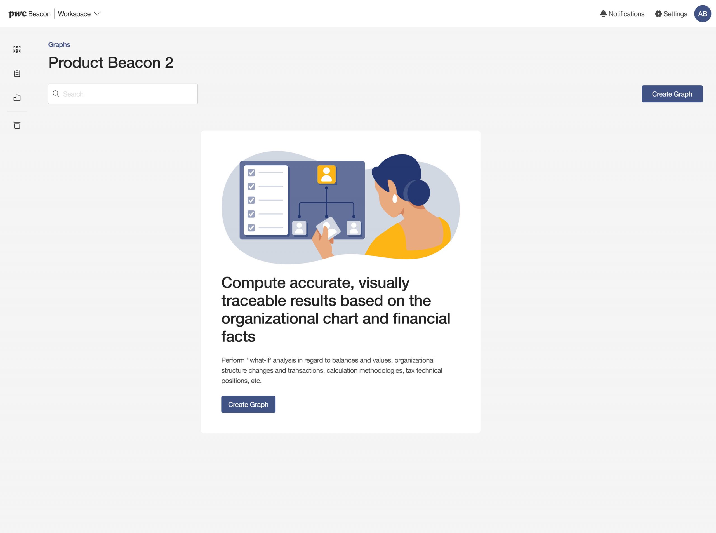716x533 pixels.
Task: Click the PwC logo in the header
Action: [x=17, y=14]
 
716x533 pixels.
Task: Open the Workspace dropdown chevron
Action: [x=97, y=13]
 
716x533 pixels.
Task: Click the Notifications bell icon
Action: [x=603, y=13]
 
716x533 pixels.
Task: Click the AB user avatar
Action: [x=703, y=13]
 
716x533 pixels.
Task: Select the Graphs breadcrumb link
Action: [x=59, y=44]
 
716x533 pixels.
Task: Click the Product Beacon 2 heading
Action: [x=111, y=62]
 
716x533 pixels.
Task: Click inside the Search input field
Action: [x=123, y=94]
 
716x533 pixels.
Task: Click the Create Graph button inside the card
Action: [x=248, y=404]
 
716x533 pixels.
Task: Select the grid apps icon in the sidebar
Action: [x=17, y=50]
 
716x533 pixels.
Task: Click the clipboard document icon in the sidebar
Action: [x=17, y=73]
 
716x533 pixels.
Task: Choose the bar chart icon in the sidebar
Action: [x=17, y=97]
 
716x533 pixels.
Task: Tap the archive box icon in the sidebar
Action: [x=17, y=125]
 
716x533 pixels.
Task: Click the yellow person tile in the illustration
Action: [x=326, y=174]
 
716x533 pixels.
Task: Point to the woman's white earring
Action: [x=394, y=198]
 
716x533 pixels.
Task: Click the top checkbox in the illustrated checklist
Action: [x=251, y=173]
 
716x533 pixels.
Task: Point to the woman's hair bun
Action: [x=418, y=192]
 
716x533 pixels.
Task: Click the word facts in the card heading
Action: [x=238, y=336]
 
